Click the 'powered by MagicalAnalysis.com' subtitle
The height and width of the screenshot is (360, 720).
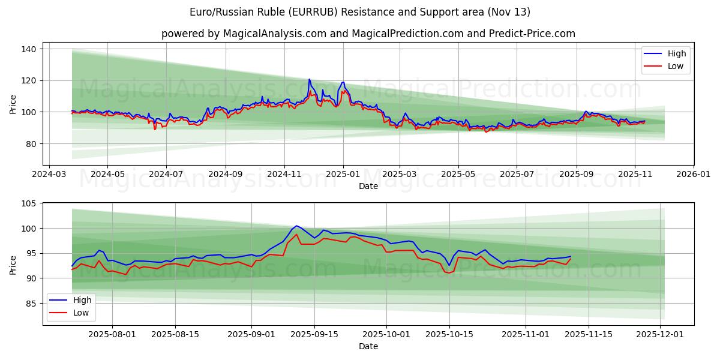click(368, 34)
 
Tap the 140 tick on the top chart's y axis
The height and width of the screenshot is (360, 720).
click(30, 49)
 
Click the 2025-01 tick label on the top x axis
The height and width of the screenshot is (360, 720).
click(343, 175)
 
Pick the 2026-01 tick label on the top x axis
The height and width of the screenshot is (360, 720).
click(693, 175)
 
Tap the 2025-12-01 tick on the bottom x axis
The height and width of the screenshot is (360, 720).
click(661, 335)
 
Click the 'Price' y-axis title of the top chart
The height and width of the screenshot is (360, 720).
click(13, 104)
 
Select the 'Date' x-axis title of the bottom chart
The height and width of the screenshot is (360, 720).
click(368, 347)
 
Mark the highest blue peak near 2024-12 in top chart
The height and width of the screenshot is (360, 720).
click(310, 79)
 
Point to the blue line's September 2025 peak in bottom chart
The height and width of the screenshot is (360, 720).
click(296, 226)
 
